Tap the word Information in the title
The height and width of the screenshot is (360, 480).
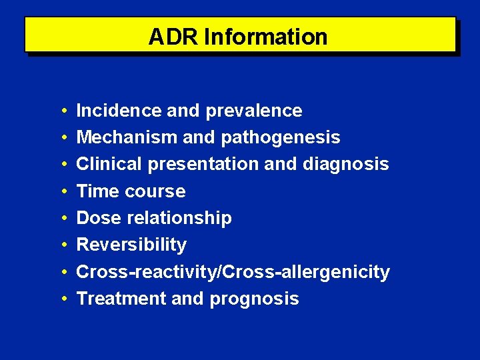tap(266, 37)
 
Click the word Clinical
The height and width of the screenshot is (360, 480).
tap(110, 164)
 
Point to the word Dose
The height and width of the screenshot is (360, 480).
tap(98, 218)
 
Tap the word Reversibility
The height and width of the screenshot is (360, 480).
tap(131, 245)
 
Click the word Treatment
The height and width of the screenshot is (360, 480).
tap(121, 299)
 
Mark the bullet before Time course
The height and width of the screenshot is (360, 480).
tap(61, 191)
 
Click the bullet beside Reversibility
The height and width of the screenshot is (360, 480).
tap(61, 245)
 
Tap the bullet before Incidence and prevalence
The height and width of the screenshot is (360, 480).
tap(61, 111)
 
